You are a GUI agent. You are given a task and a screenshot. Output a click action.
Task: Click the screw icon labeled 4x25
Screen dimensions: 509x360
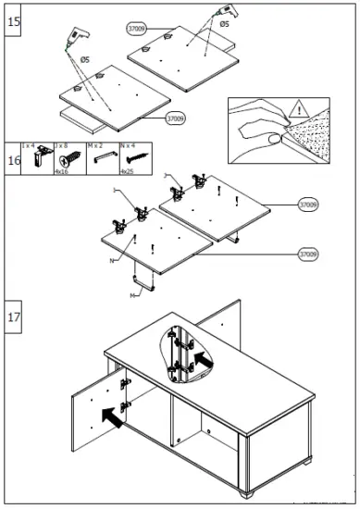(x=129, y=159)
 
